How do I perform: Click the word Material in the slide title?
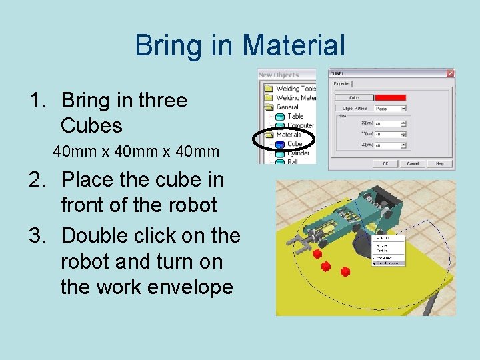pyautogui.click(x=293, y=46)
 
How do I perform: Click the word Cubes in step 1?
pyautogui.click(x=91, y=125)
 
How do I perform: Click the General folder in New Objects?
pyautogui.click(x=287, y=107)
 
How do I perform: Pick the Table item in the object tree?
pyautogui.click(x=295, y=116)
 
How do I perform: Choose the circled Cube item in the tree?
pyautogui.click(x=294, y=143)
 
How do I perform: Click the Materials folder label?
pyautogui.click(x=289, y=135)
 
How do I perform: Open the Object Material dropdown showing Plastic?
pyautogui.click(x=391, y=108)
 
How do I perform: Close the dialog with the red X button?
pyautogui.click(x=451, y=73)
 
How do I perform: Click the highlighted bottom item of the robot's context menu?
pyautogui.click(x=389, y=263)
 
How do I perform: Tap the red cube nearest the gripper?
pyautogui.click(x=318, y=254)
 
